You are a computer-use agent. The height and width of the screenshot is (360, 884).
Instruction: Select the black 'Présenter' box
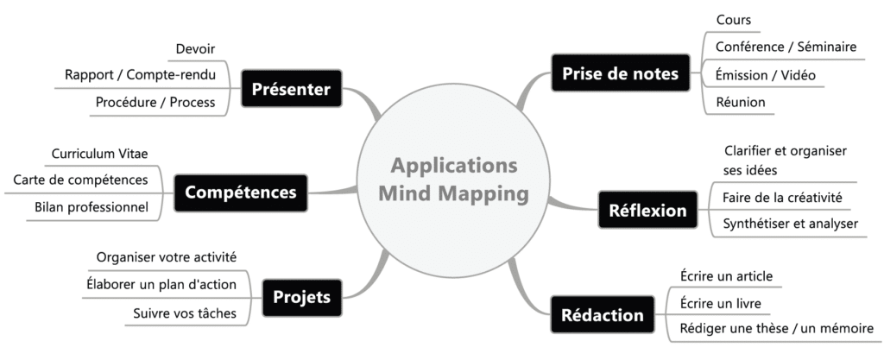pos(292,88)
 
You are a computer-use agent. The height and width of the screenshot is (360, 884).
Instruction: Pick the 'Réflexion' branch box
pos(648,210)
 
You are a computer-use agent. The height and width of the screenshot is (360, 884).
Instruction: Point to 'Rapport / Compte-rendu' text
pos(141,75)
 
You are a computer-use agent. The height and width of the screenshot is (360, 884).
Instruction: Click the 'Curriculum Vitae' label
pos(99,154)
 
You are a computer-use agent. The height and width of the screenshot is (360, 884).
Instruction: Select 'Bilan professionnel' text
pos(92,208)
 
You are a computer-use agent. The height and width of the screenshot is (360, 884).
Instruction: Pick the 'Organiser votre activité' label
pos(167,257)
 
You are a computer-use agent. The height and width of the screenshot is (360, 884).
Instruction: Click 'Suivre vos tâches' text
pos(185,313)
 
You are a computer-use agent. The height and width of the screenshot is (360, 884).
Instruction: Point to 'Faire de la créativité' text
pos(781,199)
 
